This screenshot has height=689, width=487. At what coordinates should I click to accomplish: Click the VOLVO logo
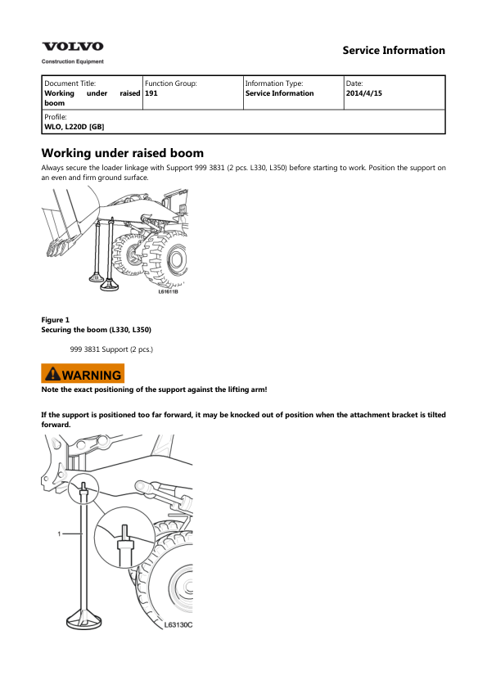(x=73, y=47)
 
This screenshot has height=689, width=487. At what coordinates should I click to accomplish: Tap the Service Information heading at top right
(x=394, y=51)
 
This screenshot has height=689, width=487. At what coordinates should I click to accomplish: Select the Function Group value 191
(x=151, y=93)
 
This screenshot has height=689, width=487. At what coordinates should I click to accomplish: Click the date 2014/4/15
(x=364, y=93)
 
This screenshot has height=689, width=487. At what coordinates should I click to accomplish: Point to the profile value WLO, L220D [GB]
(x=74, y=127)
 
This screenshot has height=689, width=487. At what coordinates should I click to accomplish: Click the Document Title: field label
(x=70, y=83)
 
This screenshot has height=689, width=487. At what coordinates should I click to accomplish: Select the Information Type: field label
(x=274, y=83)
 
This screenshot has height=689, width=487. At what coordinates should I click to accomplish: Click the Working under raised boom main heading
(x=123, y=153)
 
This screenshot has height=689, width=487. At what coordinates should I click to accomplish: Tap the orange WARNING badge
(x=83, y=373)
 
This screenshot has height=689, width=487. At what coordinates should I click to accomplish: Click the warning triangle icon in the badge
(x=52, y=373)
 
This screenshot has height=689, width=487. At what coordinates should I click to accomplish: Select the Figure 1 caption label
(x=56, y=320)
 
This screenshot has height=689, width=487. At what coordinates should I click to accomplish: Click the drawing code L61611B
(x=168, y=291)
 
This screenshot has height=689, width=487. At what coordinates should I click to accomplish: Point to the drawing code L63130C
(x=178, y=625)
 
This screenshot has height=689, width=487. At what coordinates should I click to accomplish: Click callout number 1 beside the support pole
(x=59, y=534)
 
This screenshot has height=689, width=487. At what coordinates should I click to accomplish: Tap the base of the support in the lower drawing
(x=84, y=619)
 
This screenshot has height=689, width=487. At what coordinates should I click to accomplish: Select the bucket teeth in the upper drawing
(x=58, y=249)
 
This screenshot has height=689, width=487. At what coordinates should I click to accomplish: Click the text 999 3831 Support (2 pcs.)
(x=111, y=349)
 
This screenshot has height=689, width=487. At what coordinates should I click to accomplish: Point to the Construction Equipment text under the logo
(x=73, y=61)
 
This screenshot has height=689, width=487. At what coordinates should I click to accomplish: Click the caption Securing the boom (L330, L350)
(x=97, y=330)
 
